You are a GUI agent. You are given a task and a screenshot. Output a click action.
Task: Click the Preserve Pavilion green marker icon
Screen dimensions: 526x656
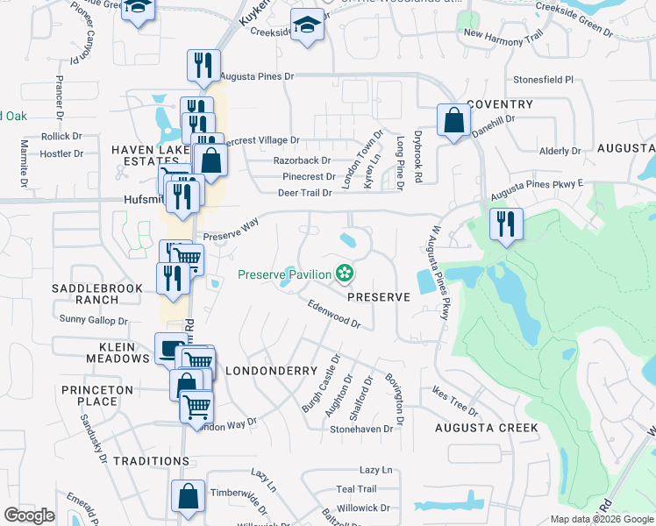point(346,274)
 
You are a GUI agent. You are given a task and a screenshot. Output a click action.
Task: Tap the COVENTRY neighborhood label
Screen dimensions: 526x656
point(500,104)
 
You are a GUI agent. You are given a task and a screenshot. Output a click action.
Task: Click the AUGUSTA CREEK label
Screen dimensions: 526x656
point(487,428)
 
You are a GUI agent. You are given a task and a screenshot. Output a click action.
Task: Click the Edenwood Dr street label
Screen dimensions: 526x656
point(334,313)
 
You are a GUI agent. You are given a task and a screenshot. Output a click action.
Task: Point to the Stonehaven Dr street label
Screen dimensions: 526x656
point(360,430)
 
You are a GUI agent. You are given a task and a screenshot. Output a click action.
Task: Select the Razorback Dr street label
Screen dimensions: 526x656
point(302,160)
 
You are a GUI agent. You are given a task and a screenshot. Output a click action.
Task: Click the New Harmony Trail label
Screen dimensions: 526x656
point(497,34)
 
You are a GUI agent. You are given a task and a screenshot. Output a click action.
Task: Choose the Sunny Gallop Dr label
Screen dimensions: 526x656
point(94,320)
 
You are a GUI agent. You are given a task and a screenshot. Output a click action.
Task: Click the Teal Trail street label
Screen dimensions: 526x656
point(356,489)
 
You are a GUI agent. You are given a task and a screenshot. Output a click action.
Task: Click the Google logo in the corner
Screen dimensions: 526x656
point(29,515)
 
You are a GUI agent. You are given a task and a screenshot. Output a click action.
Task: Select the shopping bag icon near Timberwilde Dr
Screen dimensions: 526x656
point(189,496)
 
